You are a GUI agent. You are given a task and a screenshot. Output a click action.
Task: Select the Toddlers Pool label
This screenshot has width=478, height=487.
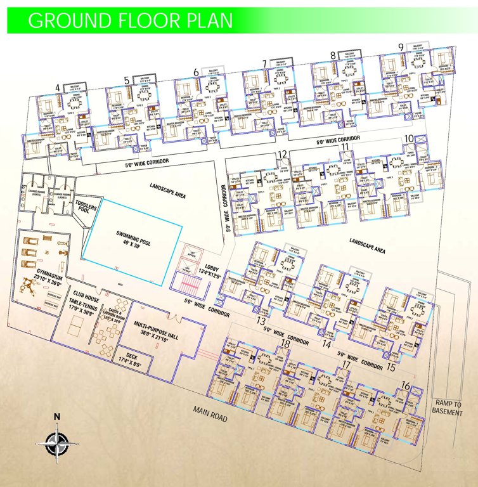[86, 207]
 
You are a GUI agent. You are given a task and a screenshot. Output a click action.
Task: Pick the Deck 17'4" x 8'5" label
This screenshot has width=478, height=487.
[137, 359]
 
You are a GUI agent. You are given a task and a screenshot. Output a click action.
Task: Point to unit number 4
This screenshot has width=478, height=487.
[58, 87]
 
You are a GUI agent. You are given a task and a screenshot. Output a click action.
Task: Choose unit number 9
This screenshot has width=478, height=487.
[401, 47]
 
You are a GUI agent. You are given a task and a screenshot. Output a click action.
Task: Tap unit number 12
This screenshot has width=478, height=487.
[282, 154]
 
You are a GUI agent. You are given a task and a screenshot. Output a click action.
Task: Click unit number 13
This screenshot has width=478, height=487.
[261, 321]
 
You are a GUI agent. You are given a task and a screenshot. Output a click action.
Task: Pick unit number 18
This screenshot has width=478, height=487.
[285, 344]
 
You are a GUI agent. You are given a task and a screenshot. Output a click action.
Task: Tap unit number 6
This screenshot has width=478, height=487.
[196, 73]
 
